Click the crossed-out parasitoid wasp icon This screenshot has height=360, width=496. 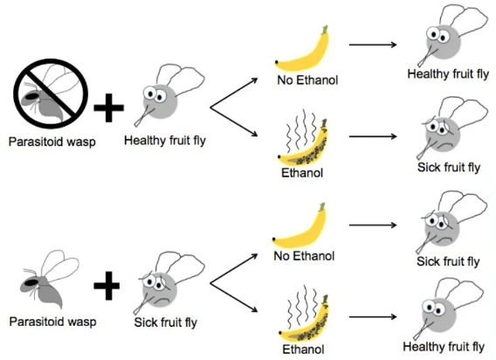[x=51, y=93]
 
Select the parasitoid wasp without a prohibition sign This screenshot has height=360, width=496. [x=49, y=280]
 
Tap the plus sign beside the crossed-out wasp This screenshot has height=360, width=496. [x=108, y=107]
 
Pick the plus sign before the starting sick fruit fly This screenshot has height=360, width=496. [x=107, y=285]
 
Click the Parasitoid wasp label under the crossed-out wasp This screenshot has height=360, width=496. [x=52, y=142]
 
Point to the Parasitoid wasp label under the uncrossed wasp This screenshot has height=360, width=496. [x=52, y=322]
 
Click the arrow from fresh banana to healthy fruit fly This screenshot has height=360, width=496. [x=373, y=45]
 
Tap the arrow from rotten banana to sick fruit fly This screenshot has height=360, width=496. [x=373, y=136]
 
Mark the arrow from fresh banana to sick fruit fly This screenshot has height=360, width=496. [x=373, y=225]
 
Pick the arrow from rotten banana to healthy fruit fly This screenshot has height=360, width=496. [x=373, y=316]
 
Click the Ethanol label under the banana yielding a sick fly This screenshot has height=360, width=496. [x=302, y=173]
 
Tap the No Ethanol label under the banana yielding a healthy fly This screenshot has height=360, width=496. [x=307, y=80]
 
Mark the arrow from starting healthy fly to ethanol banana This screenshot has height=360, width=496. [x=234, y=122]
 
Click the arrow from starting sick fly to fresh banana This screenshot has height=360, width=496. [x=234, y=268]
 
